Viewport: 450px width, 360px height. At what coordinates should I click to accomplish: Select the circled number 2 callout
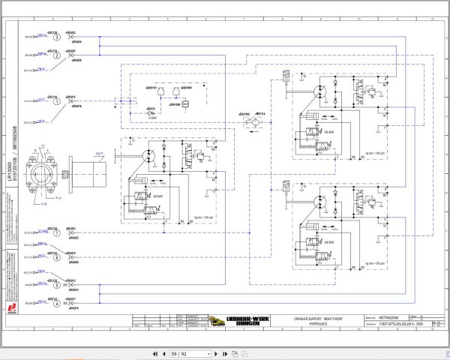(x=56, y=55)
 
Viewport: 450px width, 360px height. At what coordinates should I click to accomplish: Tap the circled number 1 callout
(x=56, y=100)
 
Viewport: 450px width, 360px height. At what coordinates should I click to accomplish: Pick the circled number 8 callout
(x=56, y=257)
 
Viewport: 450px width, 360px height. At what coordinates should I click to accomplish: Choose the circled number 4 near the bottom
(x=56, y=303)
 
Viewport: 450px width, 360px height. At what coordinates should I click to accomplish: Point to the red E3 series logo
(x=12, y=307)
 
